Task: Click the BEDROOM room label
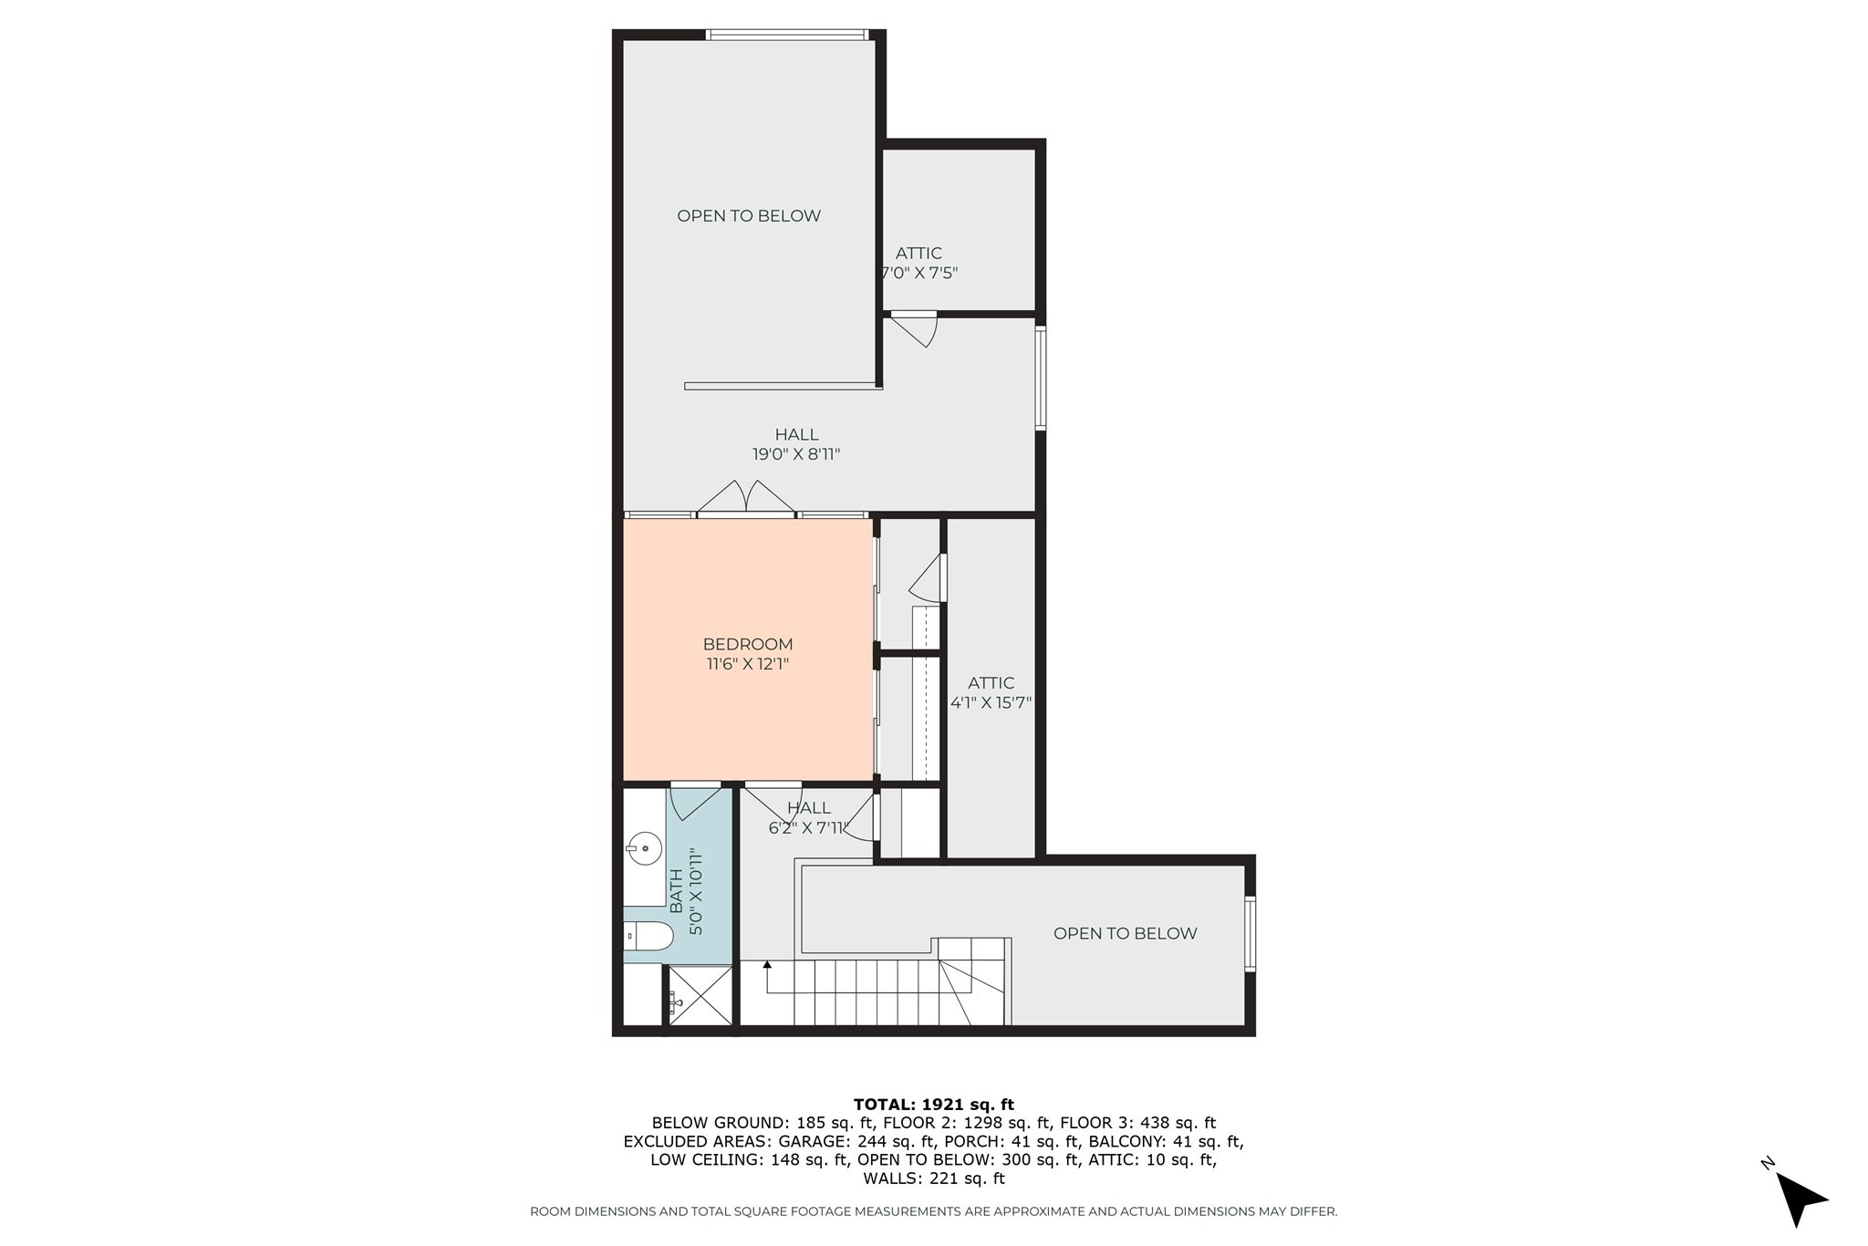click(747, 644)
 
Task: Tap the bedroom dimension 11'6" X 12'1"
click(747, 664)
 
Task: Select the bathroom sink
click(646, 848)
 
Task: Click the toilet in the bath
click(649, 935)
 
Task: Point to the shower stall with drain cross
click(700, 1000)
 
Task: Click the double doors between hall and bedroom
click(746, 498)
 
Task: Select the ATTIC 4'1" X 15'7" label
click(991, 692)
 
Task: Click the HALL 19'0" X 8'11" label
click(796, 444)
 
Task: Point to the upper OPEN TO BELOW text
click(748, 216)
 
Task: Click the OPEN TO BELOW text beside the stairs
click(1125, 933)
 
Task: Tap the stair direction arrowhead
click(767, 964)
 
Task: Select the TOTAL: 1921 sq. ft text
click(933, 1105)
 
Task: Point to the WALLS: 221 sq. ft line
click(933, 1178)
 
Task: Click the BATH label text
click(676, 890)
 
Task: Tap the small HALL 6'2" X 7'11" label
click(809, 818)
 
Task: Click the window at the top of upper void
click(785, 36)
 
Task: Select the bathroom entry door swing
click(693, 800)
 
